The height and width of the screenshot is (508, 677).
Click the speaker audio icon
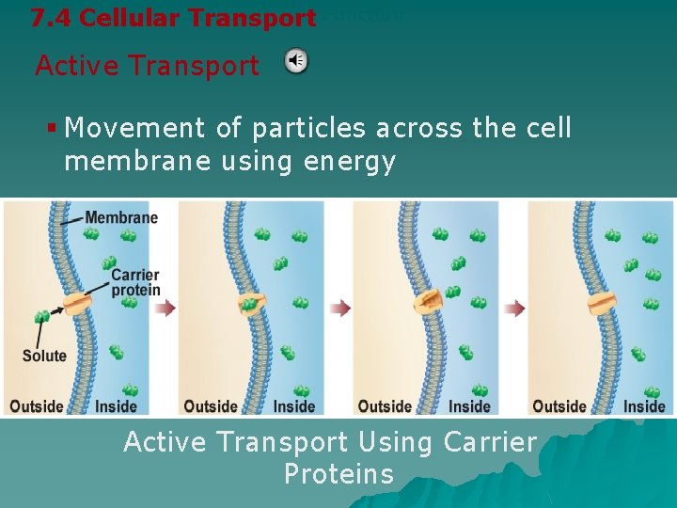tap(296, 61)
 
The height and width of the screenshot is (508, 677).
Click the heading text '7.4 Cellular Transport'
tap(173, 17)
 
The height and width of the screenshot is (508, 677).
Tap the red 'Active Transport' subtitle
tap(147, 66)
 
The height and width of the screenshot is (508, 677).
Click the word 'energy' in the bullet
tap(350, 162)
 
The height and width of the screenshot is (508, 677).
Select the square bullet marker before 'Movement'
tap(53, 127)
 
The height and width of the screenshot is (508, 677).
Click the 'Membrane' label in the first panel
tap(121, 217)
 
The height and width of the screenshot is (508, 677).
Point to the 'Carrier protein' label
tap(135, 282)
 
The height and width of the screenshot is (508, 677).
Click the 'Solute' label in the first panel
tap(44, 356)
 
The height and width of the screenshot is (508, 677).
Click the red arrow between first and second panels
tap(165, 309)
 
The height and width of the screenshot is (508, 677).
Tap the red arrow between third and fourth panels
tap(514, 309)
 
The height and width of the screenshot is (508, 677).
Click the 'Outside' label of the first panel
tap(37, 406)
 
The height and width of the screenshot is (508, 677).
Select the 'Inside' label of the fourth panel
tap(644, 406)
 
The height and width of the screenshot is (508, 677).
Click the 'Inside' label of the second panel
tap(294, 406)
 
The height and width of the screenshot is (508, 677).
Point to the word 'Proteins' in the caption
tap(338, 474)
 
